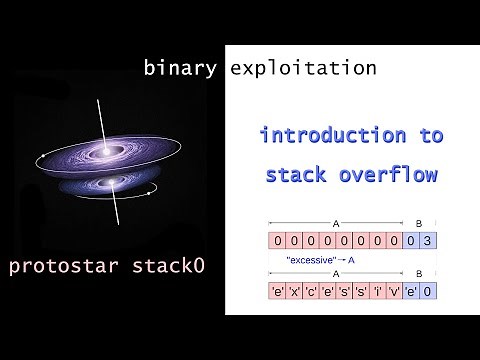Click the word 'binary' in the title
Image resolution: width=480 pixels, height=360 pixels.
[181, 69]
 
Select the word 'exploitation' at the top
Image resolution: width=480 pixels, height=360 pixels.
[303, 69]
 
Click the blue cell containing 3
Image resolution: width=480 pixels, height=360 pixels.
[428, 240]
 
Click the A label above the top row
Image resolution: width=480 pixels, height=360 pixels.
[333, 223]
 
